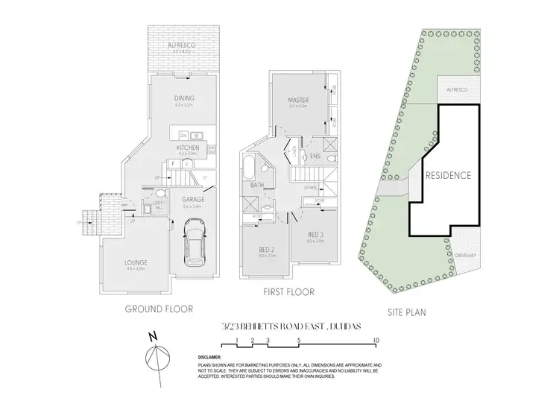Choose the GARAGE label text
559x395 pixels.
[x=193, y=199]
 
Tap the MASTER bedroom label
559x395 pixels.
[x=298, y=100]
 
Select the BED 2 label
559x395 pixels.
[x=266, y=250]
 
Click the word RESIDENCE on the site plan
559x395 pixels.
[x=448, y=176]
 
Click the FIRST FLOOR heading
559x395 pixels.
[x=289, y=291]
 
